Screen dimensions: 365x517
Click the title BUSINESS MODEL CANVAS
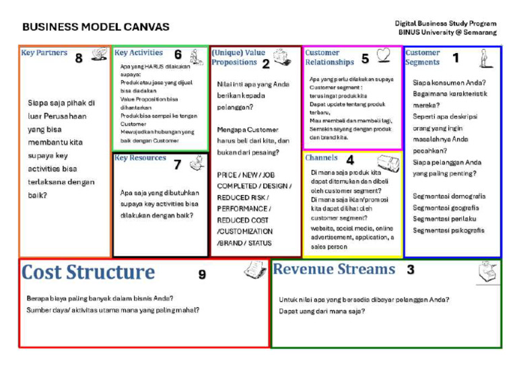pyautogui.click(x=96, y=28)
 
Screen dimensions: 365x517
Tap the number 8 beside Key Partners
pyautogui.click(x=79, y=58)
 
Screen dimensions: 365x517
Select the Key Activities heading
pyautogui.click(x=139, y=52)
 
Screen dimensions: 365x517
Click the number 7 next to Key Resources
pyautogui.click(x=177, y=164)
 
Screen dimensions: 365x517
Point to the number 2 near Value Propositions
pyautogui.click(x=266, y=65)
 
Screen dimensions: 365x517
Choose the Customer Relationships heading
pyautogui.click(x=329, y=57)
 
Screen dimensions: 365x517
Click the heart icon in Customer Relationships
pyautogui.click(x=383, y=55)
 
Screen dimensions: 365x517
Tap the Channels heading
pyautogui.click(x=321, y=158)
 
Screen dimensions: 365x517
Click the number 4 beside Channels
pyautogui.click(x=350, y=161)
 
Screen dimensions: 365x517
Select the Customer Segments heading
pyautogui.click(x=423, y=57)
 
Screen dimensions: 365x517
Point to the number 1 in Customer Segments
pyautogui.click(x=456, y=58)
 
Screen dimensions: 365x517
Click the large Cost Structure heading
pyautogui.click(x=88, y=272)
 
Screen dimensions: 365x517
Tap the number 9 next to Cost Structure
pyautogui.click(x=202, y=274)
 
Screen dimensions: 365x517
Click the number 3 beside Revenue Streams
pyautogui.click(x=410, y=270)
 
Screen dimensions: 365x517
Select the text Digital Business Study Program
pyautogui.click(x=446, y=24)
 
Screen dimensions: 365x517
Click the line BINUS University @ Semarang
pyautogui.click(x=447, y=32)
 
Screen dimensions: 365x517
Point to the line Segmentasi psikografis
pyautogui.click(x=448, y=231)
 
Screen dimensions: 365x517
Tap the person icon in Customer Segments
pyautogui.click(x=485, y=58)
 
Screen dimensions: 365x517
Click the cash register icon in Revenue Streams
pyautogui.click(x=489, y=272)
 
